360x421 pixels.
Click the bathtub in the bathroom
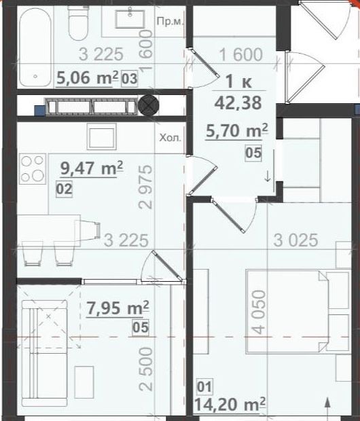pyautogui.click(x=35, y=47)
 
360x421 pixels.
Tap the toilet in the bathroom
pyautogui.click(x=77, y=23)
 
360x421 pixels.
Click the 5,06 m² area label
pyautogui.click(x=88, y=78)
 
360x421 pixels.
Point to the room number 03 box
pyautogui.click(x=129, y=79)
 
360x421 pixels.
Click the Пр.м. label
pyautogui.click(x=170, y=22)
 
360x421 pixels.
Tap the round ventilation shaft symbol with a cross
pyautogui.click(x=148, y=105)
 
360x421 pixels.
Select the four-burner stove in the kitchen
pyautogui.click(x=33, y=168)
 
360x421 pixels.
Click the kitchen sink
pyautogui.click(x=102, y=136)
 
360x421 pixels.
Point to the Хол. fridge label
pyautogui.click(x=170, y=138)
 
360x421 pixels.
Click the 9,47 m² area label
pyautogui.click(x=92, y=168)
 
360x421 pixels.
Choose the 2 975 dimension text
pyautogui.click(x=145, y=187)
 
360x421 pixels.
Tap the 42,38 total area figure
pyautogui.click(x=238, y=103)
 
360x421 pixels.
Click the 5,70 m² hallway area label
pyautogui.click(x=236, y=131)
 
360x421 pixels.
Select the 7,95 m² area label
pyautogui.click(x=118, y=308)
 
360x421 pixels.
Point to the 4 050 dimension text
pyautogui.click(x=259, y=312)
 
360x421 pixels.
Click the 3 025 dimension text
pyautogui.click(x=295, y=240)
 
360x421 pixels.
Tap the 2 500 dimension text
pyautogui.click(x=146, y=369)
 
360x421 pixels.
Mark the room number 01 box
pyautogui.click(x=205, y=386)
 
